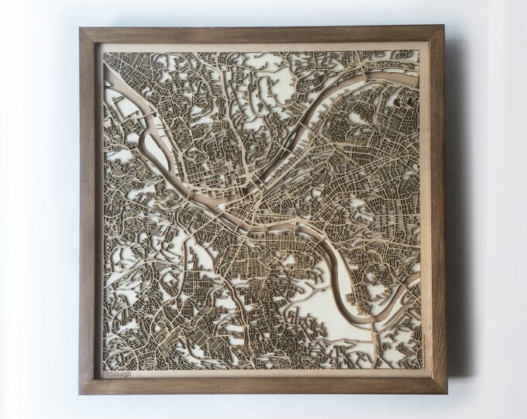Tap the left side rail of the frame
click(x=88, y=209)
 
